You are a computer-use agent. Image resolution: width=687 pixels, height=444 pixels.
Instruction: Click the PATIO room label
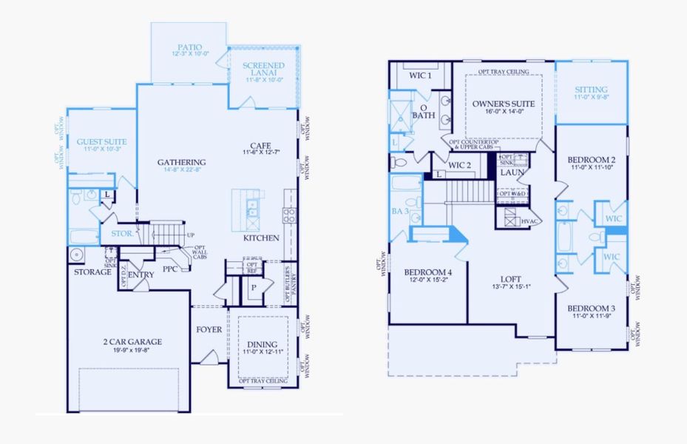coord(189,47)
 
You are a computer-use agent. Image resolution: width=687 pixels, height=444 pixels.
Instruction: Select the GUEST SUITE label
coord(101,141)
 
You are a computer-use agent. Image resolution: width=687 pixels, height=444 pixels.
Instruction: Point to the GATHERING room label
coord(181,162)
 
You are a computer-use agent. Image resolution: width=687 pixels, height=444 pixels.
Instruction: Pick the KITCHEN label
coord(261,238)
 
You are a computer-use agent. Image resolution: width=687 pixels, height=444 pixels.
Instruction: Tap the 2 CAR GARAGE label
coord(134,341)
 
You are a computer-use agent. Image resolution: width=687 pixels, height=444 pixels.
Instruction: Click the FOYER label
coord(209,329)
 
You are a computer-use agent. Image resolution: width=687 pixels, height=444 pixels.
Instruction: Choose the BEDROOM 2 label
coord(591,160)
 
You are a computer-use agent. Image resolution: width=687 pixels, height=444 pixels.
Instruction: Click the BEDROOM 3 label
coord(591,309)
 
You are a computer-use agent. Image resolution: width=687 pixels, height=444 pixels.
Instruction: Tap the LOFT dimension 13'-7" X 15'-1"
coord(512,286)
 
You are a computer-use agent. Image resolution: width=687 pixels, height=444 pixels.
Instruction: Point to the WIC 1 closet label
coord(420,75)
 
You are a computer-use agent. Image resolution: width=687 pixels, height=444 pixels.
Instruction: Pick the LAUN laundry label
coord(512,172)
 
